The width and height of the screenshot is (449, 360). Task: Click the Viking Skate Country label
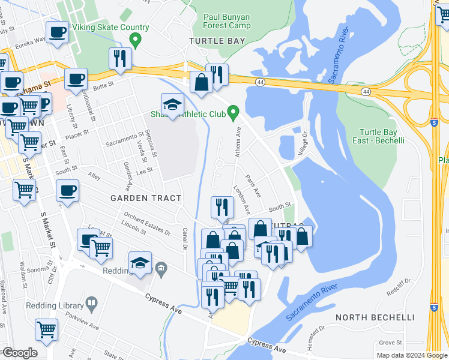[x=110, y=28]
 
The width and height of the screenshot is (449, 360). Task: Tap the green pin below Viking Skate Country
[x=136, y=41]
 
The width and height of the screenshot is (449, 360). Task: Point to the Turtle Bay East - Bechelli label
[x=382, y=136]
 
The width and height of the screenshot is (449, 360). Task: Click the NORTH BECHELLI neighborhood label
[x=375, y=317]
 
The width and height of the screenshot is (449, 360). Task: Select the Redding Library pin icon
[x=91, y=304]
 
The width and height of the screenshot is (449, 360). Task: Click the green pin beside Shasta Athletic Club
[x=235, y=112]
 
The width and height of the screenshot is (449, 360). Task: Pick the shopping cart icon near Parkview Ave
[x=47, y=329]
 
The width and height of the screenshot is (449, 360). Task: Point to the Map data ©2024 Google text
[x=411, y=355]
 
